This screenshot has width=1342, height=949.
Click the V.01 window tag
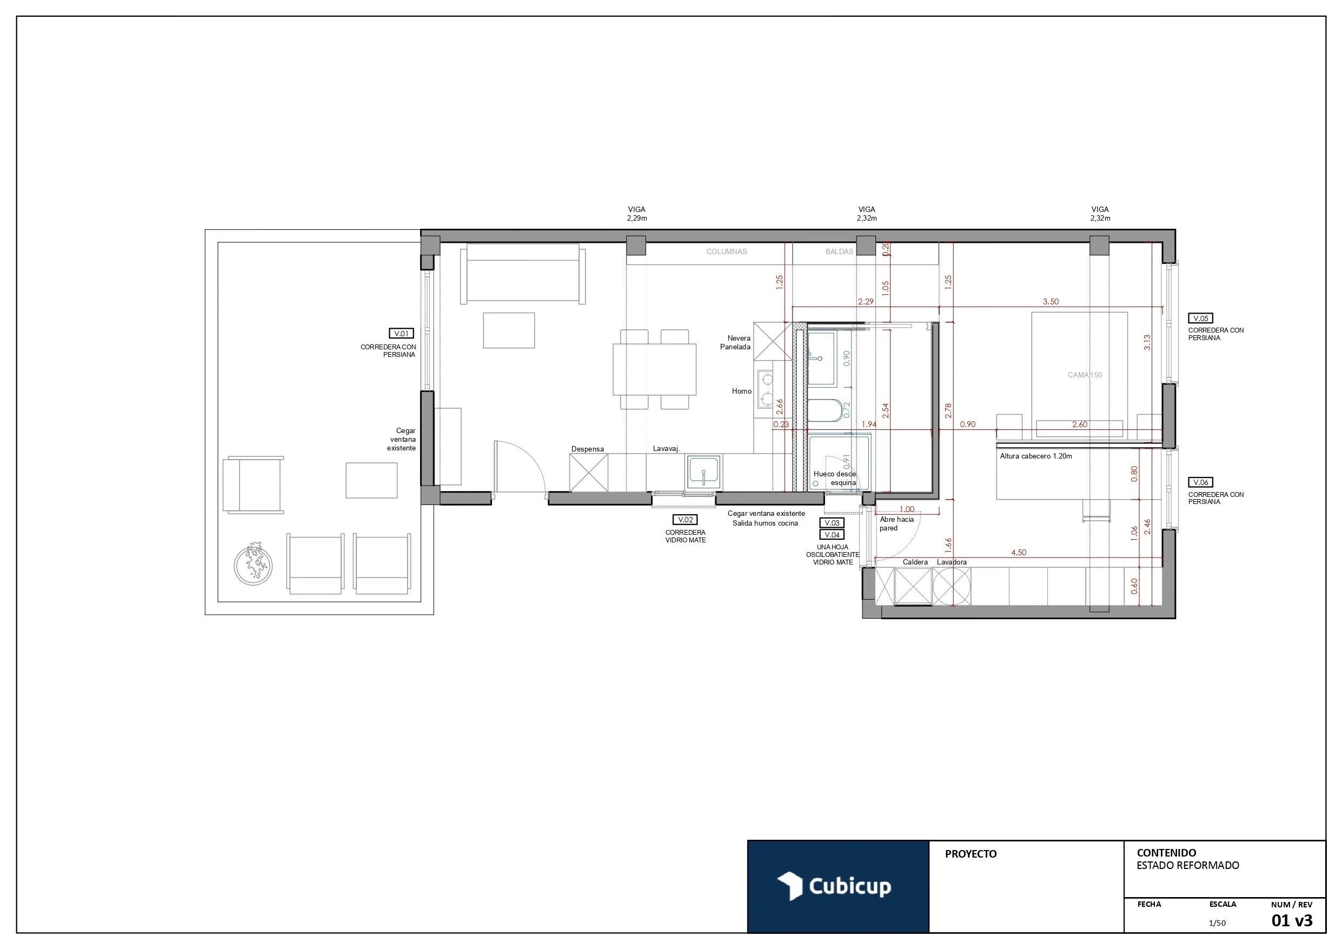point(401,333)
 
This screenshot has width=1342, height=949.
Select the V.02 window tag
point(685,519)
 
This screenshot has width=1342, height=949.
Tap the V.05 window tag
point(1200,318)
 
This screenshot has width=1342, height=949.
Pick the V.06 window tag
point(1200,482)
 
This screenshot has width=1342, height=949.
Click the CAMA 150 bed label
point(1084,375)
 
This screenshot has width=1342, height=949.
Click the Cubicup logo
point(834,886)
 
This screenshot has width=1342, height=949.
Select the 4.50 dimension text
point(1018,552)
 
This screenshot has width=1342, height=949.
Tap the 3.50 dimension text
point(1051,302)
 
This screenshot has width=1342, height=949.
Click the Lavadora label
point(952,562)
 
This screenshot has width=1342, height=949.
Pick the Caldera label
point(915,562)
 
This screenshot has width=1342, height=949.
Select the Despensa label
point(587,449)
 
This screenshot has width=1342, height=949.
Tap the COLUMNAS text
point(727,251)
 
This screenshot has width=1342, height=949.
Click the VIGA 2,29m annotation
point(636,214)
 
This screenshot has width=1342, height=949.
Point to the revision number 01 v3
point(1292,921)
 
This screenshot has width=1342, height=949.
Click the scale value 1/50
point(1218,923)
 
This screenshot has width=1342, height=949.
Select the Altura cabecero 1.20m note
point(1036,456)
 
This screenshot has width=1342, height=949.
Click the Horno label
point(741,391)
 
